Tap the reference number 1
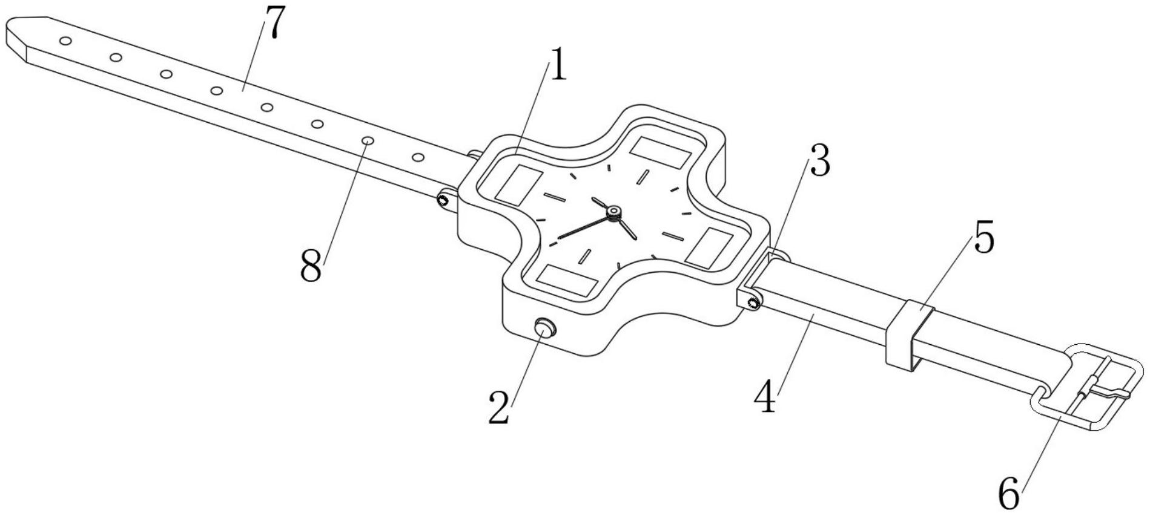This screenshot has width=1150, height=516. click(x=558, y=67)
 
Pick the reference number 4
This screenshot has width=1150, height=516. click(x=767, y=398)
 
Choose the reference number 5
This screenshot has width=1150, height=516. click(x=983, y=240)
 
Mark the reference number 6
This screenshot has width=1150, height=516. click(x=1009, y=494)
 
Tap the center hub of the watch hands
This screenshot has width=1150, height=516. click(x=614, y=211)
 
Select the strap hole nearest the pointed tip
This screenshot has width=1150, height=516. click(x=66, y=41)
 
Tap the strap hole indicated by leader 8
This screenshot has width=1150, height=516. click(x=368, y=141)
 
